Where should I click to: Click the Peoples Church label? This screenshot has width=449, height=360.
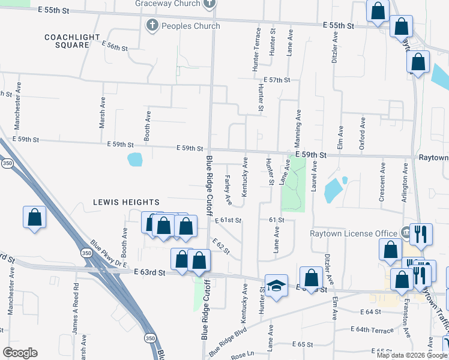pyautogui.click(x=190, y=26)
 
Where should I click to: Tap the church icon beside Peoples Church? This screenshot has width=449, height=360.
pyautogui.click(x=152, y=26)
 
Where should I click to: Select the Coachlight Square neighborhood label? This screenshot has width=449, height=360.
pyautogui.click(x=72, y=41)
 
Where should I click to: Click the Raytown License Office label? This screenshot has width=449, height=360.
pyautogui.click(x=353, y=233)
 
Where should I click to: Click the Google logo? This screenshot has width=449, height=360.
pyautogui.click(x=20, y=353)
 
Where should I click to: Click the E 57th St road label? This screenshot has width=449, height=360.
pyautogui.click(x=277, y=80)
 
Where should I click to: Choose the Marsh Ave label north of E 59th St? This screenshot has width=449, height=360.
pyautogui.click(x=102, y=114)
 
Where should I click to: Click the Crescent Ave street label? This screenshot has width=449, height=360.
pyautogui.click(x=382, y=188)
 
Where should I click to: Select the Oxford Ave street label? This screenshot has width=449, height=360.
pyautogui.click(x=362, y=132)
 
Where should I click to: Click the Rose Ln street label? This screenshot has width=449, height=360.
pyautogui.click(x=243, y=355)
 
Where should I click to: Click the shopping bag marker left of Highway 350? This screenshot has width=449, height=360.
pyautogui.click(x=34, y=217)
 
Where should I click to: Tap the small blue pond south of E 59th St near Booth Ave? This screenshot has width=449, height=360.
pyautogui.click(x=135, y=160)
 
